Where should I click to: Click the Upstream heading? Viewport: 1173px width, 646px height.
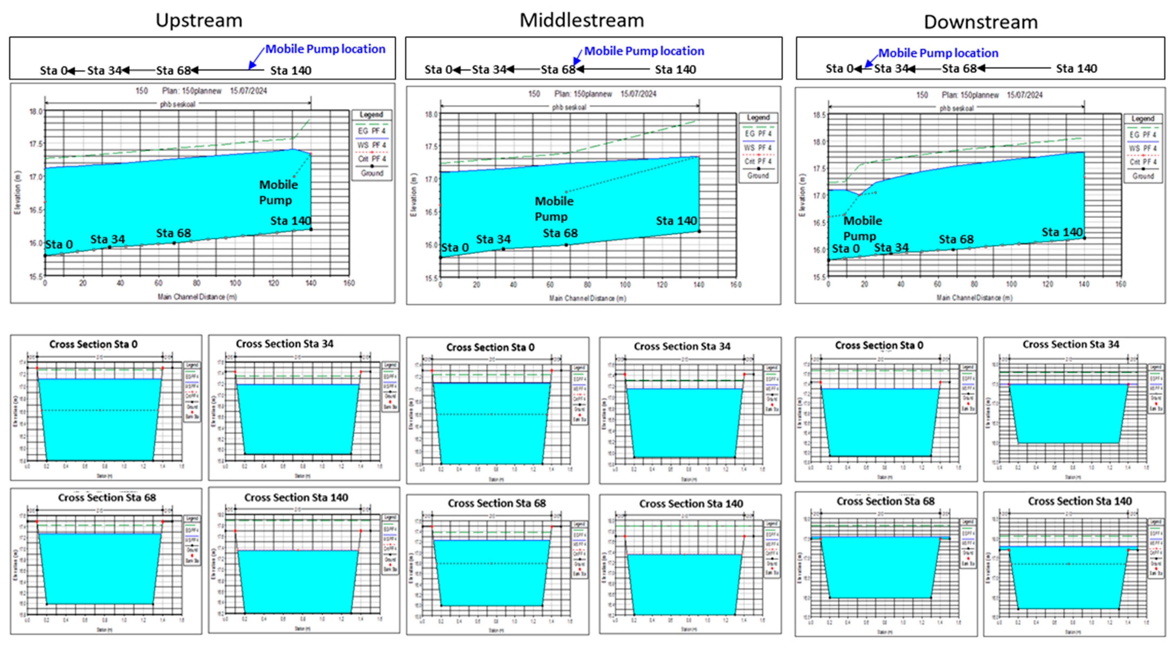pyautogui.click(x=199, y=21)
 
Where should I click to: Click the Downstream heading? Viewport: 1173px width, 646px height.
pyautogui.click(x=981, y=22)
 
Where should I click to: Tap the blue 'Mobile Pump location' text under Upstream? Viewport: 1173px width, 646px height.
pyautogui.click(x=325, y=49)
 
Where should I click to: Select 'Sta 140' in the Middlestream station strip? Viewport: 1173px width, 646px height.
pyautogui.click(x=675, y=70)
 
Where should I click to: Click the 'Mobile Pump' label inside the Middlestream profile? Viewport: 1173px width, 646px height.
pyautogui.click(x=554, y=209)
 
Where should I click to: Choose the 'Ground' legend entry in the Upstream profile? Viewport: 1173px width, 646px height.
pyautogui.click(x=372, y=173)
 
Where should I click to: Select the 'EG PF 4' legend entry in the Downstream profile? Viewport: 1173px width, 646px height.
pyautogui.click(x=1143, y=135)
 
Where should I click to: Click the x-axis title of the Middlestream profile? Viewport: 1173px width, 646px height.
pyautogui.click(x=587, y=298)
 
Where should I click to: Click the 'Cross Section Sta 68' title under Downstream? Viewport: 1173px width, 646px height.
pyautogui.click(x=885, y=501)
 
